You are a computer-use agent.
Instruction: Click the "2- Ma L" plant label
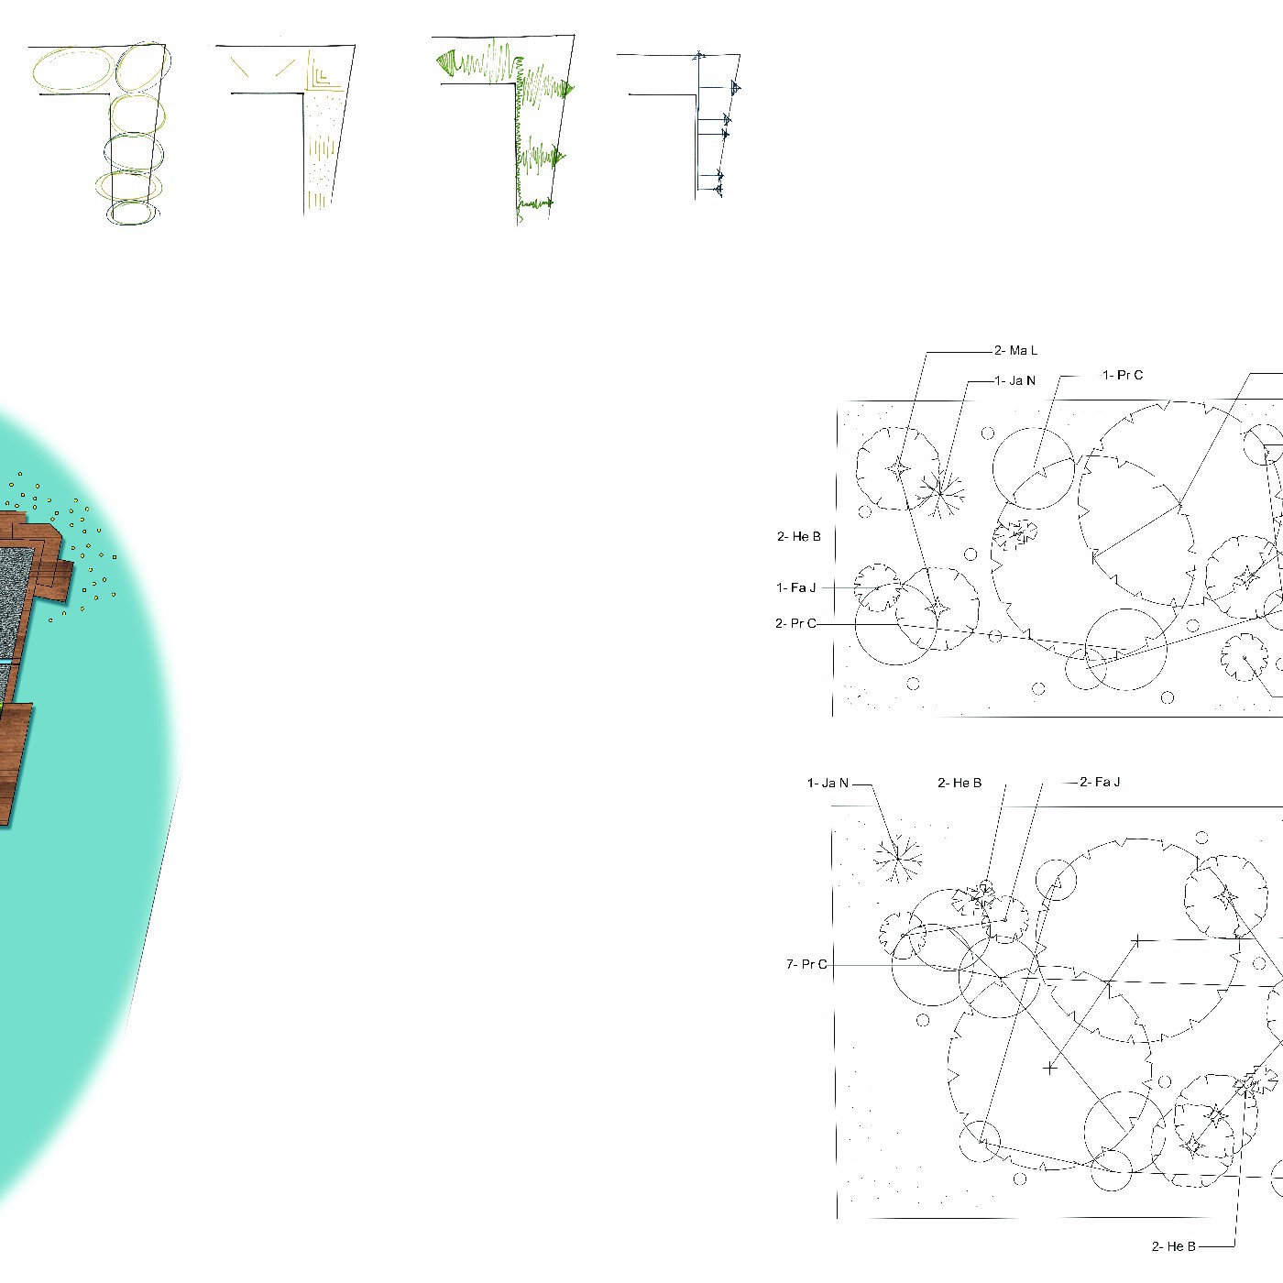1015,350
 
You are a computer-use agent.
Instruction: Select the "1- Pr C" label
1123,375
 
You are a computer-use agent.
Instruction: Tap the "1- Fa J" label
795,587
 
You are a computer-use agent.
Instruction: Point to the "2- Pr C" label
795,623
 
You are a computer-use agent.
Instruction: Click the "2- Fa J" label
1100,782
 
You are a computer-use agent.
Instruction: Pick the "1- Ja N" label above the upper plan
1015,380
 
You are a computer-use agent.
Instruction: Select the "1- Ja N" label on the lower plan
828,783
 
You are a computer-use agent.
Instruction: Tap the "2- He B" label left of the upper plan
799,536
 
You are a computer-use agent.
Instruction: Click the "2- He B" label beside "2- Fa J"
960,783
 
